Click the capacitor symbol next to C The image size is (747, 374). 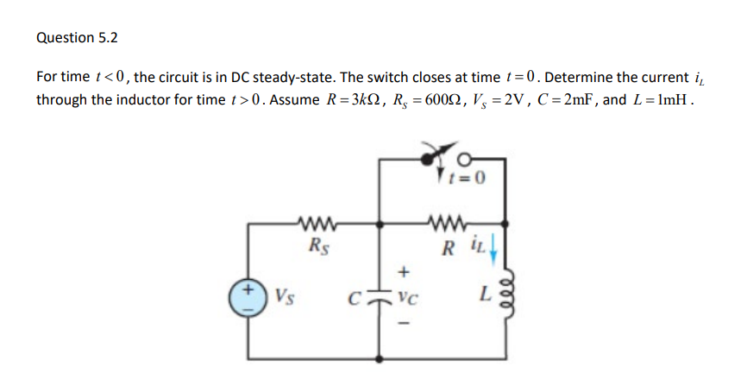tap(380, 298)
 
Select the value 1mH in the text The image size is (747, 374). tap(670, 99)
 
